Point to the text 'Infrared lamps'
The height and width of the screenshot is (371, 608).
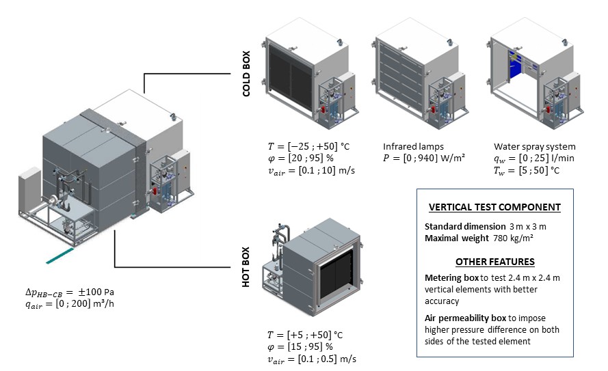(x=413, y=146)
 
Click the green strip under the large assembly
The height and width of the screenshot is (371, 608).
(x=68, y=258)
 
